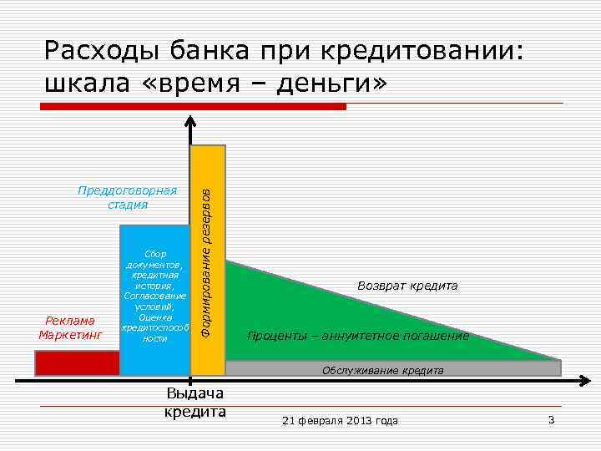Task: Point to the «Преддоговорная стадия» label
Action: click(x=128, y=197)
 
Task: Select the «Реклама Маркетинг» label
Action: click(x=70, y=328)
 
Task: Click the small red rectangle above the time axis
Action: click(x=77, y=363)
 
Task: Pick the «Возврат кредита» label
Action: click(x=407, y=286)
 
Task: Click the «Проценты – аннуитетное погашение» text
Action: click(x=358, y=337)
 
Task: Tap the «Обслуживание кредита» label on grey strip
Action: click(x=383, y=369)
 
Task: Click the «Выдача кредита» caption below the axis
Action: click(x=194, y=403)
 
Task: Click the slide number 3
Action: click(x=551, y=419)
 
